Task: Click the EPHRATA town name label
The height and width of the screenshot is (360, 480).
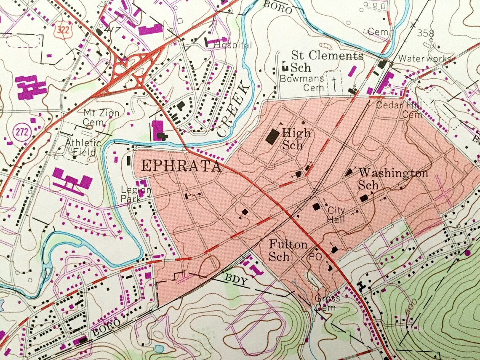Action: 181,166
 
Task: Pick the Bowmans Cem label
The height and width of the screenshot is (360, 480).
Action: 302,83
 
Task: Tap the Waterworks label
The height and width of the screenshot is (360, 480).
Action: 425,59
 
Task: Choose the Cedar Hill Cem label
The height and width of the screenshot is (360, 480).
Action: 399,109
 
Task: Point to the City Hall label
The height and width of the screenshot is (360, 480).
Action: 336,215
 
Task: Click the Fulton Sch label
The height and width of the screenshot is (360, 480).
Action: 288,250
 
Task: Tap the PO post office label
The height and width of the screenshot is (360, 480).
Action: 315,256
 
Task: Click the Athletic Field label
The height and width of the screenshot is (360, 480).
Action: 83,147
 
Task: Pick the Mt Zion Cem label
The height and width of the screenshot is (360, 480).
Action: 101,117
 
